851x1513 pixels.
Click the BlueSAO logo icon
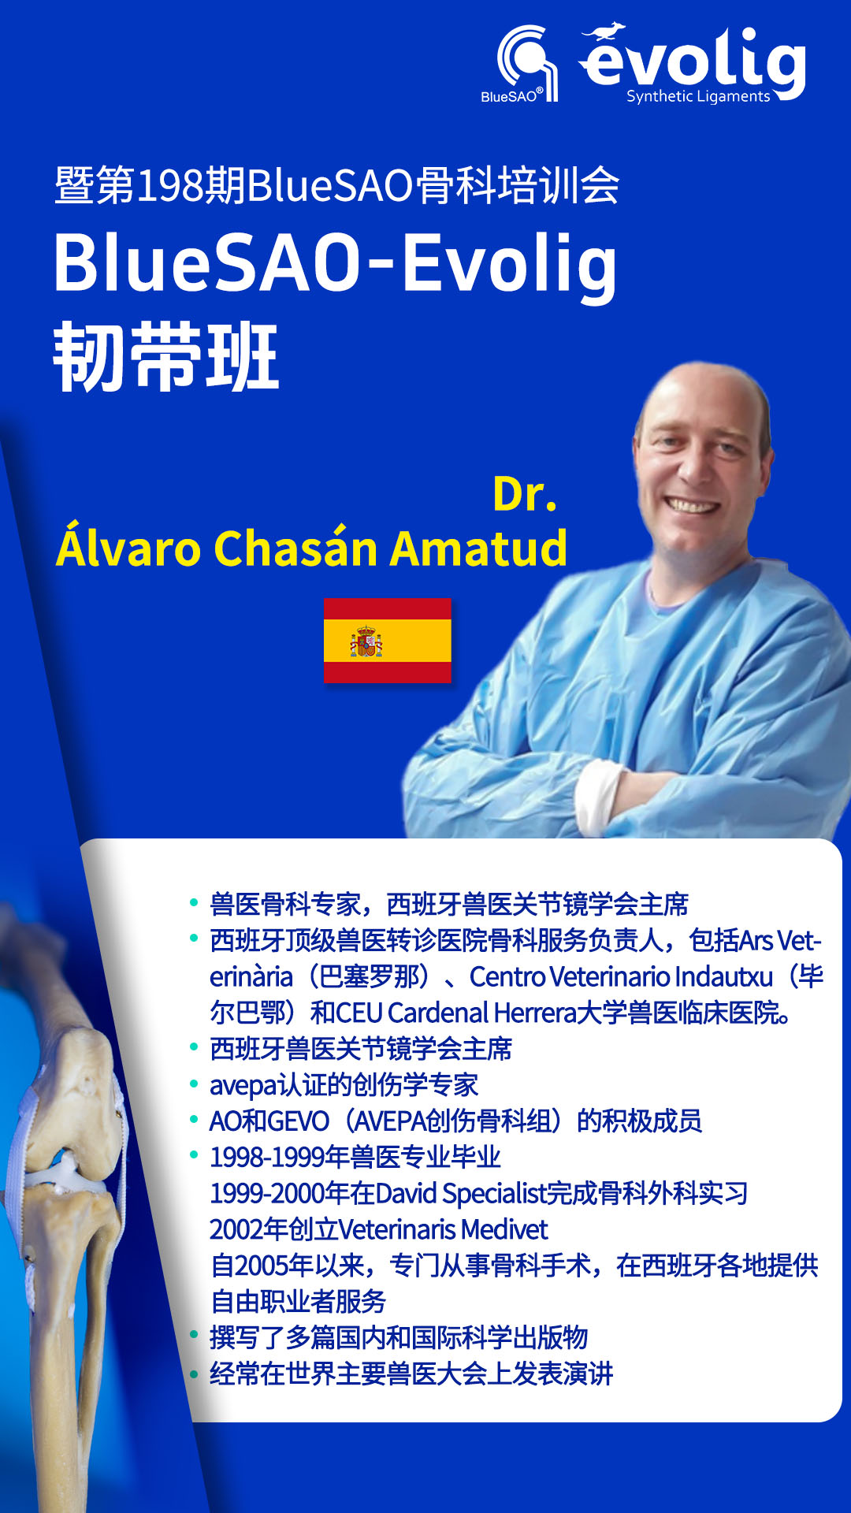pyautogui.click(x=527, y=63)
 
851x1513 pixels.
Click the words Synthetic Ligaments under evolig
pyautogui.click(x=698, y=96)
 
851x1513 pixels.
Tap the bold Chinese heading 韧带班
pyautogui.click(x=166, y=356)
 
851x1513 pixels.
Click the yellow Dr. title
pyautogui.click(x=525, y=494)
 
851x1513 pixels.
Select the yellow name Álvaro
pyautogui.click(x=129, y=543)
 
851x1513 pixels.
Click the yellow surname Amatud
pyautogui.click(x=479, y=548)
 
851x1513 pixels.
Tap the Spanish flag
pyautogui.click(x=388, y=641)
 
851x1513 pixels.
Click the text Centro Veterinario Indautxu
pyautogui.click(x=621, y=977)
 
